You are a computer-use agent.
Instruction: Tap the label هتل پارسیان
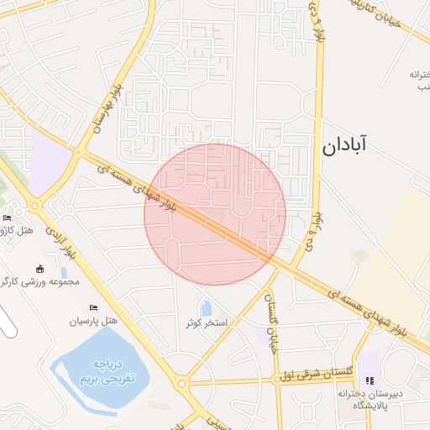point(96,322)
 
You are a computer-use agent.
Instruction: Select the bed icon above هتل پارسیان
point(93,308)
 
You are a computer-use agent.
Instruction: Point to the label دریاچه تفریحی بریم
point(107,372)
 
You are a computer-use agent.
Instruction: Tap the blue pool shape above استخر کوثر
point(207,308)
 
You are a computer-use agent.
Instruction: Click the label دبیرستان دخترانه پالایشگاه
point(370,399)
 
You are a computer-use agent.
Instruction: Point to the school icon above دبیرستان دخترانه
point(370,381)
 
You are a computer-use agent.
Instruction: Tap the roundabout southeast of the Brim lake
point(181,383)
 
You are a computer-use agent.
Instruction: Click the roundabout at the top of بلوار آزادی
point(34,205)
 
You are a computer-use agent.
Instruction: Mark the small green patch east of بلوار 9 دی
point(360,254)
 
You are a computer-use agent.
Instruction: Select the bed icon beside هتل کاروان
point(8,218)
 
